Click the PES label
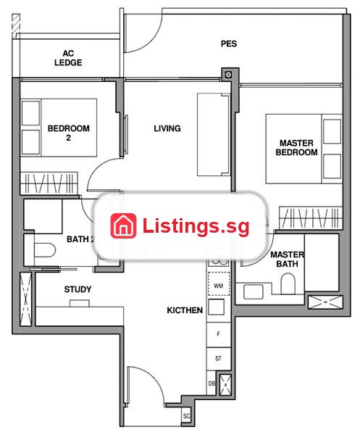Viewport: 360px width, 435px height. pos(229,43)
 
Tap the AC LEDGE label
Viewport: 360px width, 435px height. pos(68,58)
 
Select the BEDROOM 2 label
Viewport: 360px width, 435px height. pos(69,133)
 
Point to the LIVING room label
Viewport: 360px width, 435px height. pos(167,128)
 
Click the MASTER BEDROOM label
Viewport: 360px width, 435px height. pos(296,148)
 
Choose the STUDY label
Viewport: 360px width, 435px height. pos(78,289)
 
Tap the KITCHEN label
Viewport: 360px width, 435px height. pos(185,310)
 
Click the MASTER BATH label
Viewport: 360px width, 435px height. pos(287,259)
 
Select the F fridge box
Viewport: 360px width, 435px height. pos(218,334)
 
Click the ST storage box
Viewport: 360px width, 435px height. pos(218,358)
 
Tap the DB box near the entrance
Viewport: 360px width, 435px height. pos(212,383)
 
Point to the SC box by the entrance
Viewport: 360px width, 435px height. pos(186,416)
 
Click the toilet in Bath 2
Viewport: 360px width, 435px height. pos(45,250)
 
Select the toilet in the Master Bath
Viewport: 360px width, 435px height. pos(288,283)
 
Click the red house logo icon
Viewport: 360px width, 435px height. pos(123,225)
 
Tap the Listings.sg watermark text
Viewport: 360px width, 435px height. pos(196,226)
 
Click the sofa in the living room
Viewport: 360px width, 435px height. pos(214,135)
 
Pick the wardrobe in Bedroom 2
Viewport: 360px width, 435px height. pos(49,183)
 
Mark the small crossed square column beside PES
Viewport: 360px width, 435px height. pos(228,75)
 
